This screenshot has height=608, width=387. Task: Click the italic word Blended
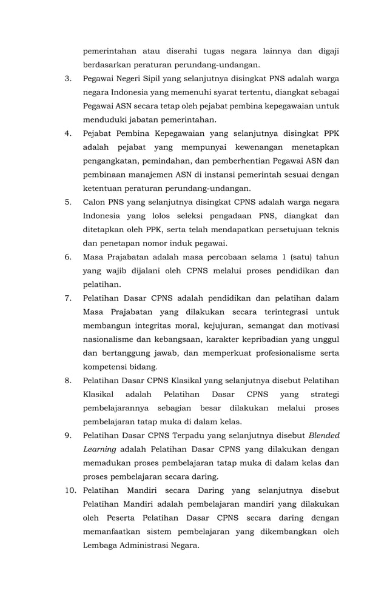tap(324, 435)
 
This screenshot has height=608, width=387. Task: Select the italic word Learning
tap(99, 449)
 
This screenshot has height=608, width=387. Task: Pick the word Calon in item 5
tap(95, 202)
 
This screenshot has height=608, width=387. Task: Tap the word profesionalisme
tap(283, 353)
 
